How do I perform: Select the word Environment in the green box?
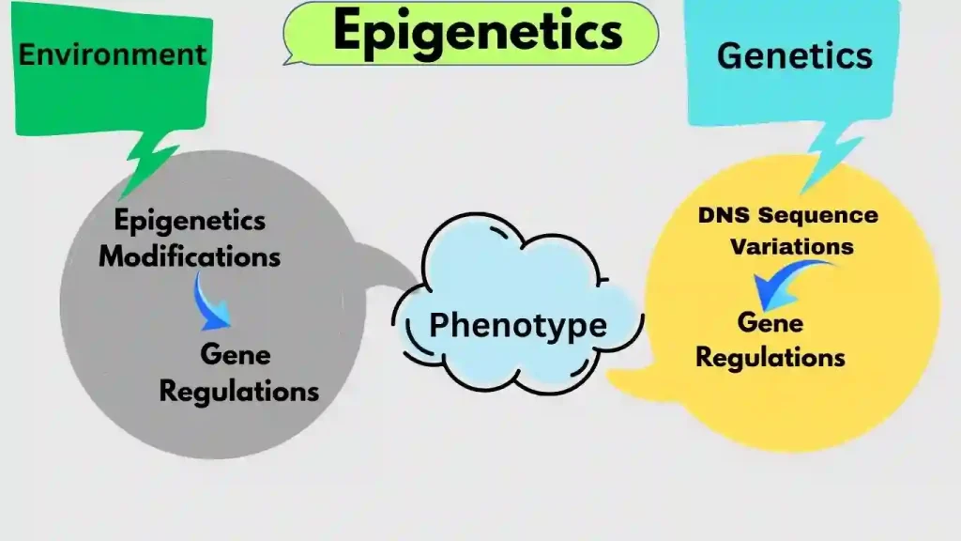113,54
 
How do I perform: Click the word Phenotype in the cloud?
517,325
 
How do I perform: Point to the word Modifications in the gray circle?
190,255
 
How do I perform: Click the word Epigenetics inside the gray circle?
190,222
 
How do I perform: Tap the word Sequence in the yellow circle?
818,215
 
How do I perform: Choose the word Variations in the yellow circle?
792,247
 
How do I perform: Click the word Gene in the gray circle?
235,355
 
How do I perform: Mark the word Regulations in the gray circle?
238,390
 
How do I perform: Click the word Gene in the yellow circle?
770,322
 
